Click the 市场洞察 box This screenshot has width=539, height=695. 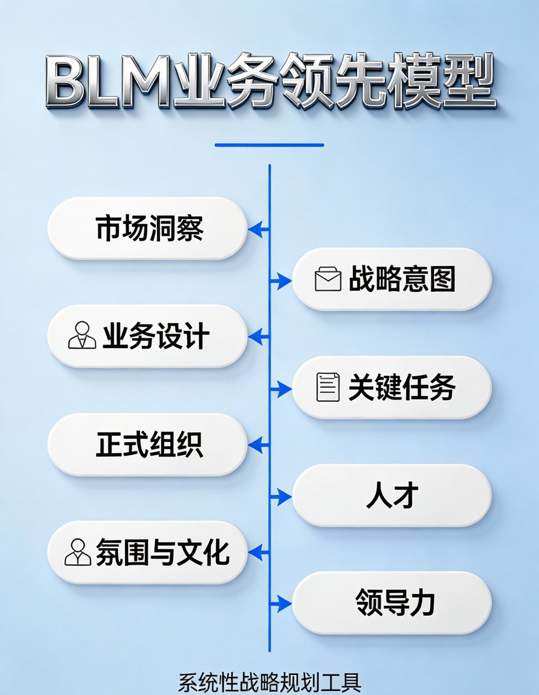[x=147, y=228]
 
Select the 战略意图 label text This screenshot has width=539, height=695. [x=402, y=279]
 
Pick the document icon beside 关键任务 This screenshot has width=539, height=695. [x=328, y=387]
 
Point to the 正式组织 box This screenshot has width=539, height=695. [x=147, y=444]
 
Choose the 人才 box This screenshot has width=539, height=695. [x=392, y=495]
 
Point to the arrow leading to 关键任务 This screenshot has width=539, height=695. [x=281, y=388]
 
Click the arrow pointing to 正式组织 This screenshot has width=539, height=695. [x=258, y=445]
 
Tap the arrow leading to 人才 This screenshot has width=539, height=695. [x=281, y=496]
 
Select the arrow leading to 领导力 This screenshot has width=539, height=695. [x=281, y=604]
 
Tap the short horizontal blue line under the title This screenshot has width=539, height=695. [x=269, y=145]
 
